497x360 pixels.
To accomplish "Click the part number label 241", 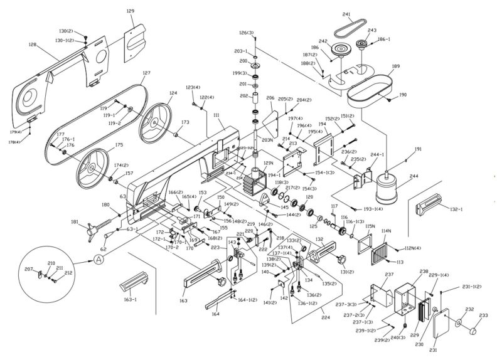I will click(346, 14).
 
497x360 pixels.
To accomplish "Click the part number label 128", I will click(33, 45).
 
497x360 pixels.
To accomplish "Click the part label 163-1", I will click(130, 300).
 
